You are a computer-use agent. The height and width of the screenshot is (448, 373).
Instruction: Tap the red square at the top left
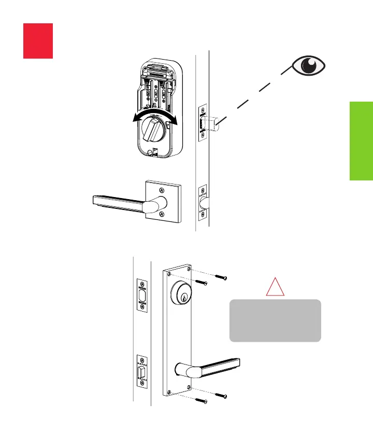tap(38, 40)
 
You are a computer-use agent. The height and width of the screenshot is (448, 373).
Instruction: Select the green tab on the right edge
tap(361, 141)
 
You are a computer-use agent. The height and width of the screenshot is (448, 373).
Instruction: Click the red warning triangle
tap(275, 287)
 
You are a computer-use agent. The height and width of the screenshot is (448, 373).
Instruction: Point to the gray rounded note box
tap(275, 320)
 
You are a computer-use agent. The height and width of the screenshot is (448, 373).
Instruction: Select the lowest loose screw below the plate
tap(200, 401)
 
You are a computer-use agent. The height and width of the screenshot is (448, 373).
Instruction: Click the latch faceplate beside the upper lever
tap(203, 202)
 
